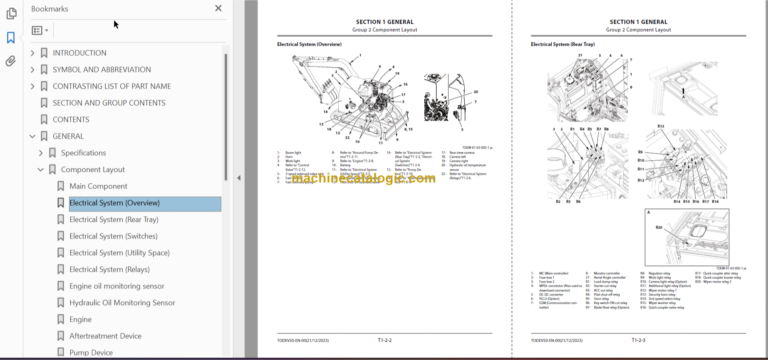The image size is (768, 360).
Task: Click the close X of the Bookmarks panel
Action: tap(219, 8)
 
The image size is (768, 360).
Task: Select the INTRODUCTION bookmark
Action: tap(79, 53)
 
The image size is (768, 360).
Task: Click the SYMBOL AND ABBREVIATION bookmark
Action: tap(101, 69)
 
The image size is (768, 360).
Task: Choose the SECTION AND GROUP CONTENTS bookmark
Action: tap(109, 103)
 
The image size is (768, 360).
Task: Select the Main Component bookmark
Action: tap(98, 187)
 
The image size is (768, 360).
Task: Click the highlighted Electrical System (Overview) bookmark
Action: tap(114, 204)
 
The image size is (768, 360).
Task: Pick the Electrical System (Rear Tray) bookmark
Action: tap(113, 220)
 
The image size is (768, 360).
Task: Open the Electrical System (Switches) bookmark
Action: tap(112, 236)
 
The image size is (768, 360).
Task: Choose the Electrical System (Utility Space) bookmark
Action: tap(119, 253)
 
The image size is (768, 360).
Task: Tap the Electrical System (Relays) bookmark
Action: tap(110, 269)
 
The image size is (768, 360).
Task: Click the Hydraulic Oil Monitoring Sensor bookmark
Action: tap(122, 303)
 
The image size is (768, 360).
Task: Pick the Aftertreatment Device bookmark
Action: tap(105, 336)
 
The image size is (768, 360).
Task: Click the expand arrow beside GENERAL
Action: tap(32, 136)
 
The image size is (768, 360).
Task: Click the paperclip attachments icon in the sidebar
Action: tap(11, 60)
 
